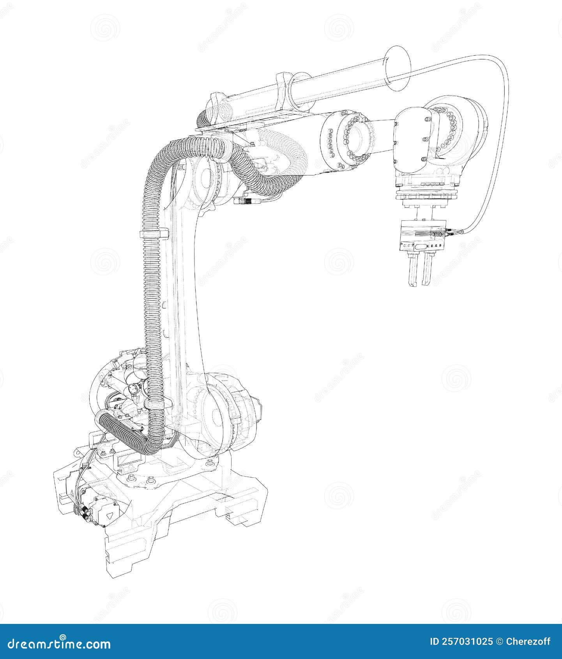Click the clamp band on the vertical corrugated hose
tap(153, 234)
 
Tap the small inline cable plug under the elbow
tap(245, 201)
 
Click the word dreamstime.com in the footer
tap(59, 643)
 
